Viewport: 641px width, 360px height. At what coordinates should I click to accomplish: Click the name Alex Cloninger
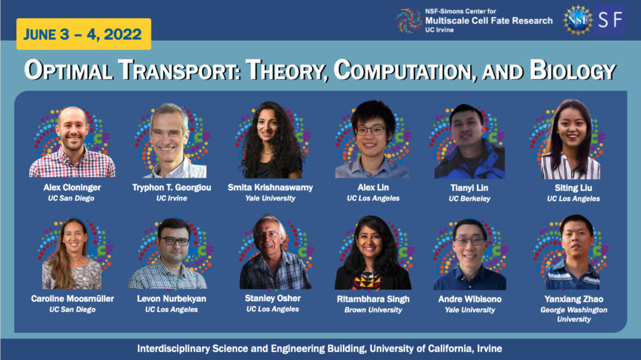click(x=72, y=187)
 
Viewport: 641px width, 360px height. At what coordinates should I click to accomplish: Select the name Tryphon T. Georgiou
click(x=170, y=187)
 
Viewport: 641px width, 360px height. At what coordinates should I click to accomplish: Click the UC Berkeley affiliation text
click(x=469, y=198)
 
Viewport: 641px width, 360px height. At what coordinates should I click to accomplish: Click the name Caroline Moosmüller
click(x=73, y=299)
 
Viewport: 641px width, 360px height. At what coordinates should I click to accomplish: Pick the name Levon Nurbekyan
click(x=171, y=299)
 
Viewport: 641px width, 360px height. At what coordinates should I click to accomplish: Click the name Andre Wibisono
click(x=469, y=299)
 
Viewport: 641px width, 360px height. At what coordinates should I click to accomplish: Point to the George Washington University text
click(x=573, y=314)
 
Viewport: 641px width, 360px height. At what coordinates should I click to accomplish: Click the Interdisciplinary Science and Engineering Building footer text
click(x=320, y=348)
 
